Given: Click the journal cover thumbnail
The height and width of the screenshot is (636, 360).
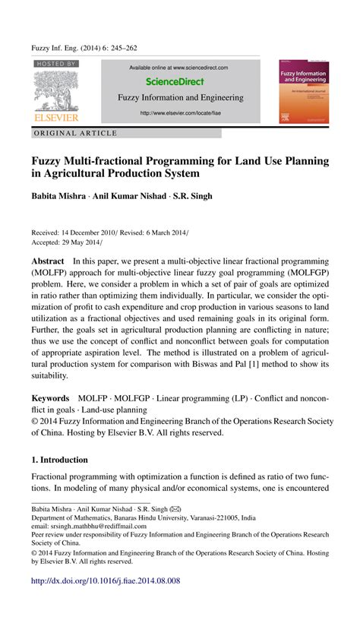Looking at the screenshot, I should (x=304, y=90).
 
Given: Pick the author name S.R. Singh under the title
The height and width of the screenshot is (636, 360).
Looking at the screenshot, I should (x=192, y=195).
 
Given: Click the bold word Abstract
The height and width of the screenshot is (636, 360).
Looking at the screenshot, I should (x=47, y=261).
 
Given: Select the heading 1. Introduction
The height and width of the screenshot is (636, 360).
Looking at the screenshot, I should (x=60, y=460).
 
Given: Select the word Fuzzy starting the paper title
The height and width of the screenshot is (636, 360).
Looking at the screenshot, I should (x=48, y=161).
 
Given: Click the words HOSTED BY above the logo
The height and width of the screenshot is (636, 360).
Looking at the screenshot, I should (x=55, y=65).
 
